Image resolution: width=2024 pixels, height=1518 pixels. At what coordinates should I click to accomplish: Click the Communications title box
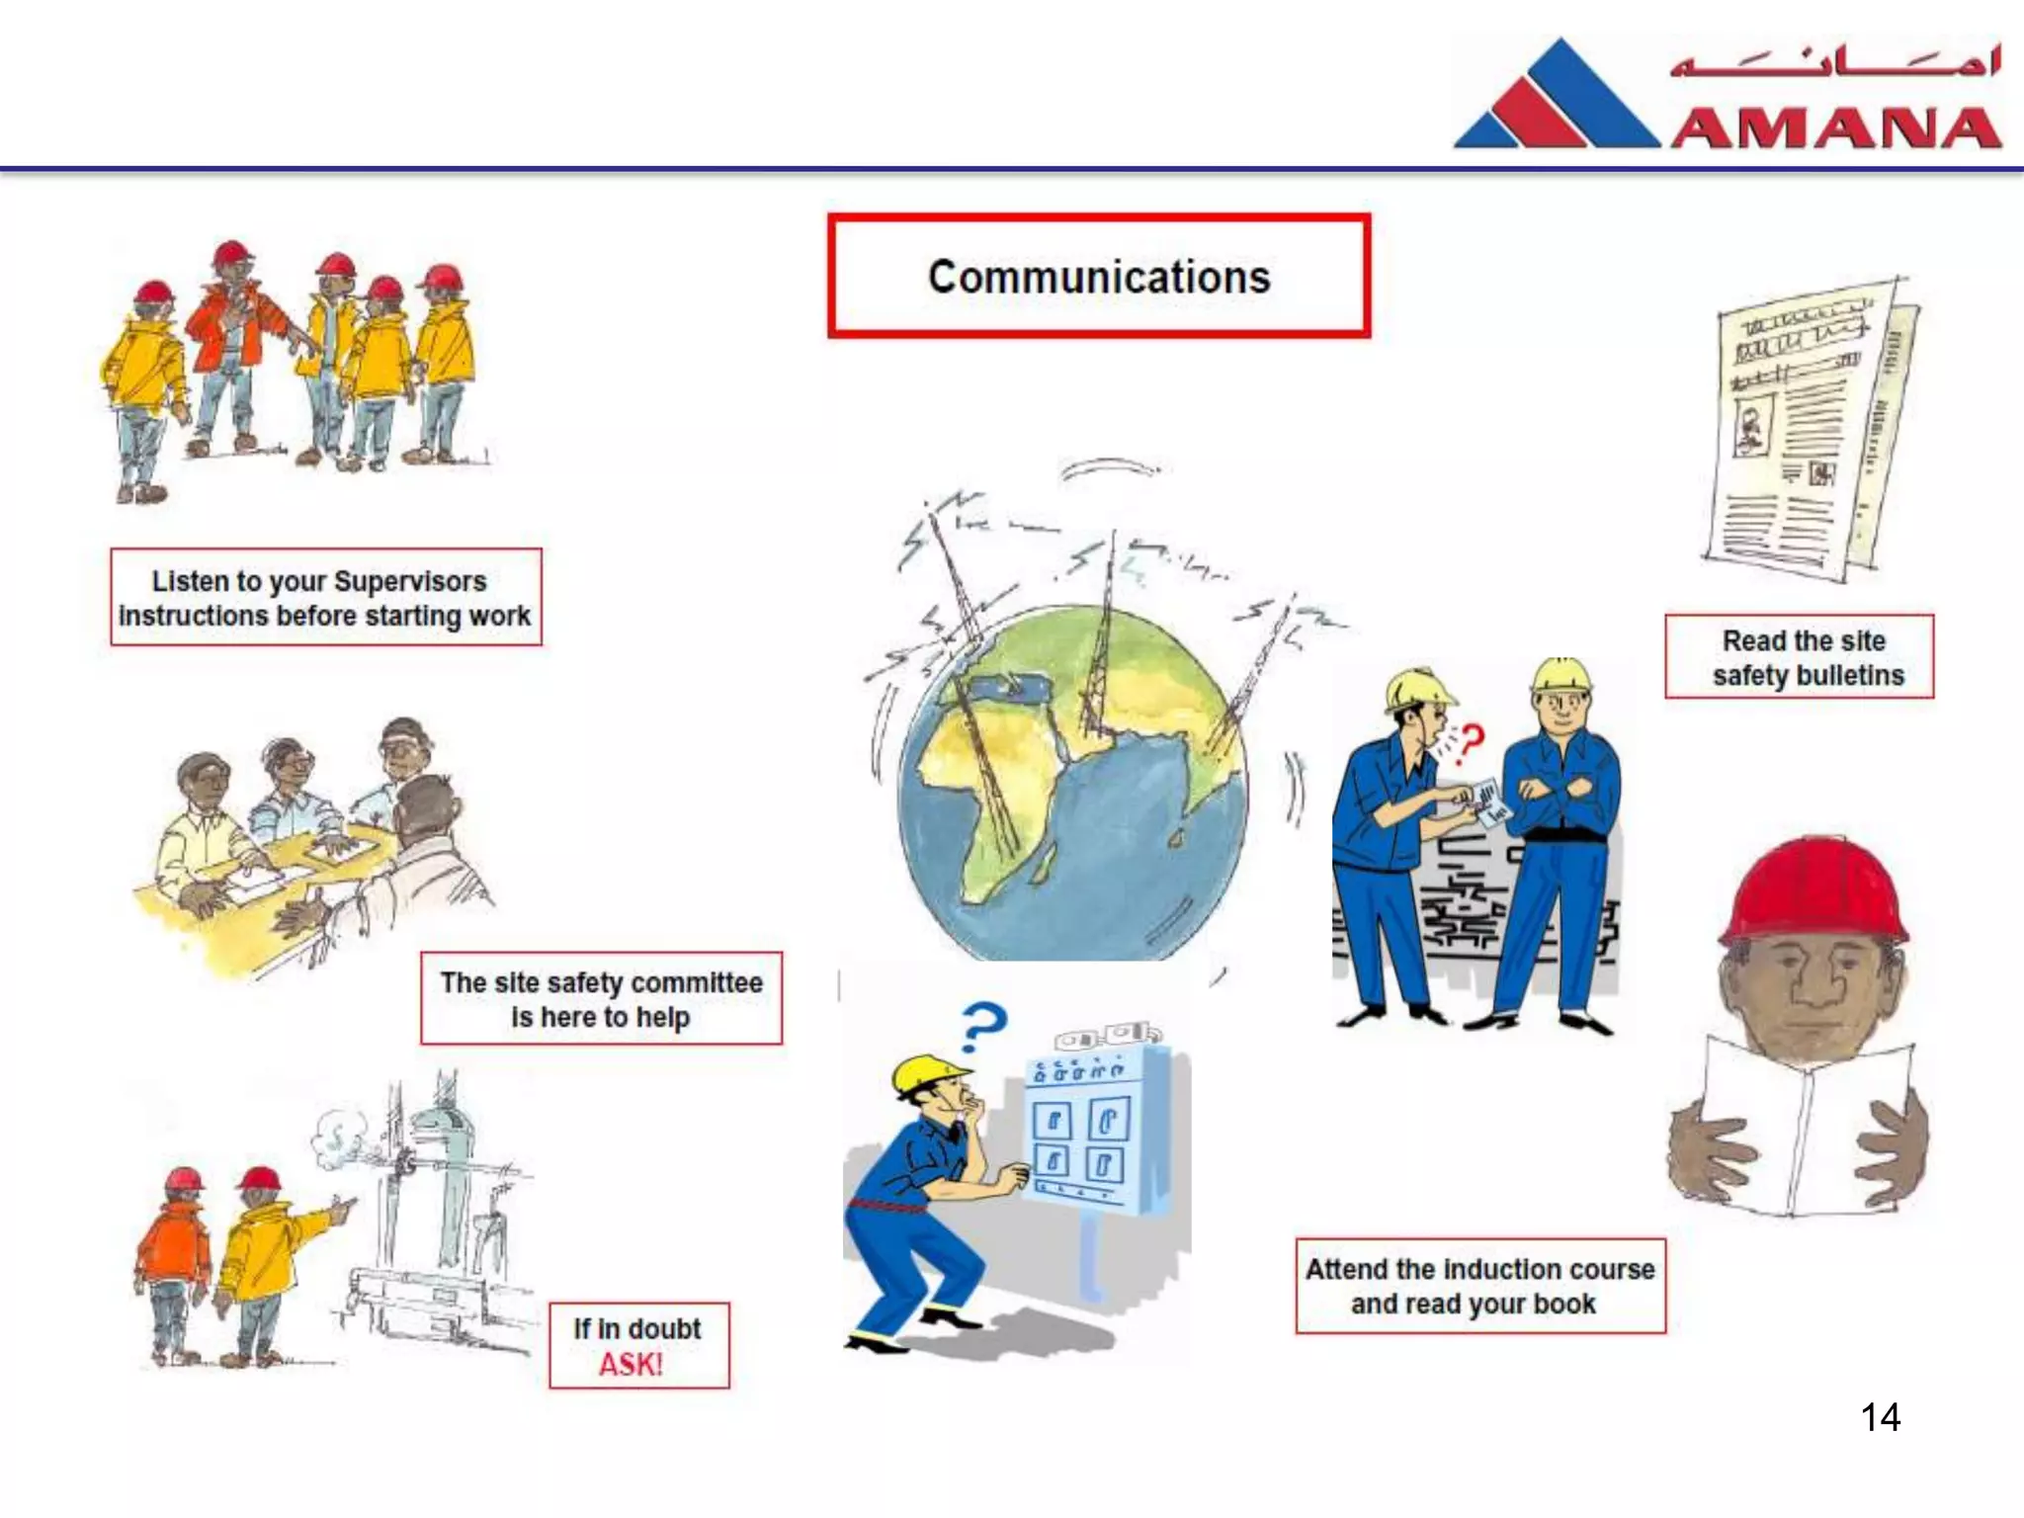[1098, 277]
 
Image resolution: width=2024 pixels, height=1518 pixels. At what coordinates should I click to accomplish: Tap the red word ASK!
[631, 1365]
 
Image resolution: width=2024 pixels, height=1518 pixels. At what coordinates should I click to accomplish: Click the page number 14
[1880, 1417]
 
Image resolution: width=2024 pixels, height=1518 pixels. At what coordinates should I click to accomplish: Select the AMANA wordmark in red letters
[1836, 128]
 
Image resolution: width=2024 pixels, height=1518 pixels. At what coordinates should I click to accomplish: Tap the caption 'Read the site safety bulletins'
[1799, 657]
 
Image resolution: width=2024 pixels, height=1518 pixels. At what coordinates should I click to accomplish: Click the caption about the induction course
[1479, 1286]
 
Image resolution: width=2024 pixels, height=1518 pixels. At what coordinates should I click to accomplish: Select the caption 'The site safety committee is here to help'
[601, 999]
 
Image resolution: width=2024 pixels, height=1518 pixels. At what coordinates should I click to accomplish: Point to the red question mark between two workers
[1472, 740]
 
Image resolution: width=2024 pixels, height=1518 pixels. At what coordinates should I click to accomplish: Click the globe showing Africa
[1072, 781]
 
